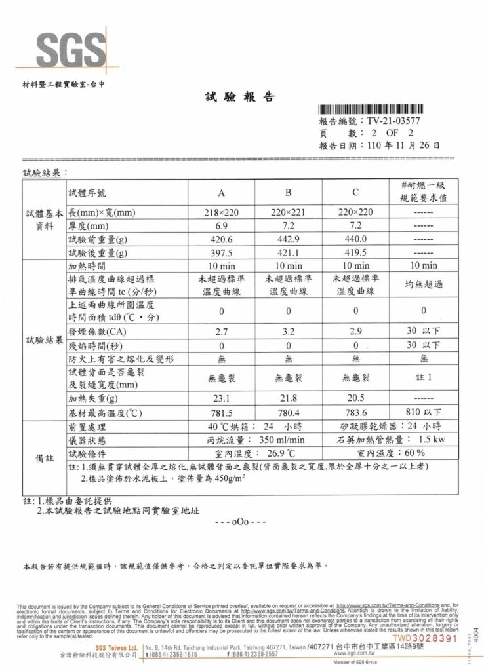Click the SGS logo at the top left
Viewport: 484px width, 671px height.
pos(62,47)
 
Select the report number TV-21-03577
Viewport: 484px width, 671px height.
pos(393,121)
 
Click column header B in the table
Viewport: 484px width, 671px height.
pos(288,193)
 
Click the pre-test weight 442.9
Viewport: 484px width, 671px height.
pos(288,239)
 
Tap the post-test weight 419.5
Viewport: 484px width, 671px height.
pos(355,252)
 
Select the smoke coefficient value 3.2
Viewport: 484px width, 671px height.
pos(288,332)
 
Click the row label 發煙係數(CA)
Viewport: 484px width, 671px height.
pos(96,332)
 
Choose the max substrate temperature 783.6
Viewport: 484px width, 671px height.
pos(355,412)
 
